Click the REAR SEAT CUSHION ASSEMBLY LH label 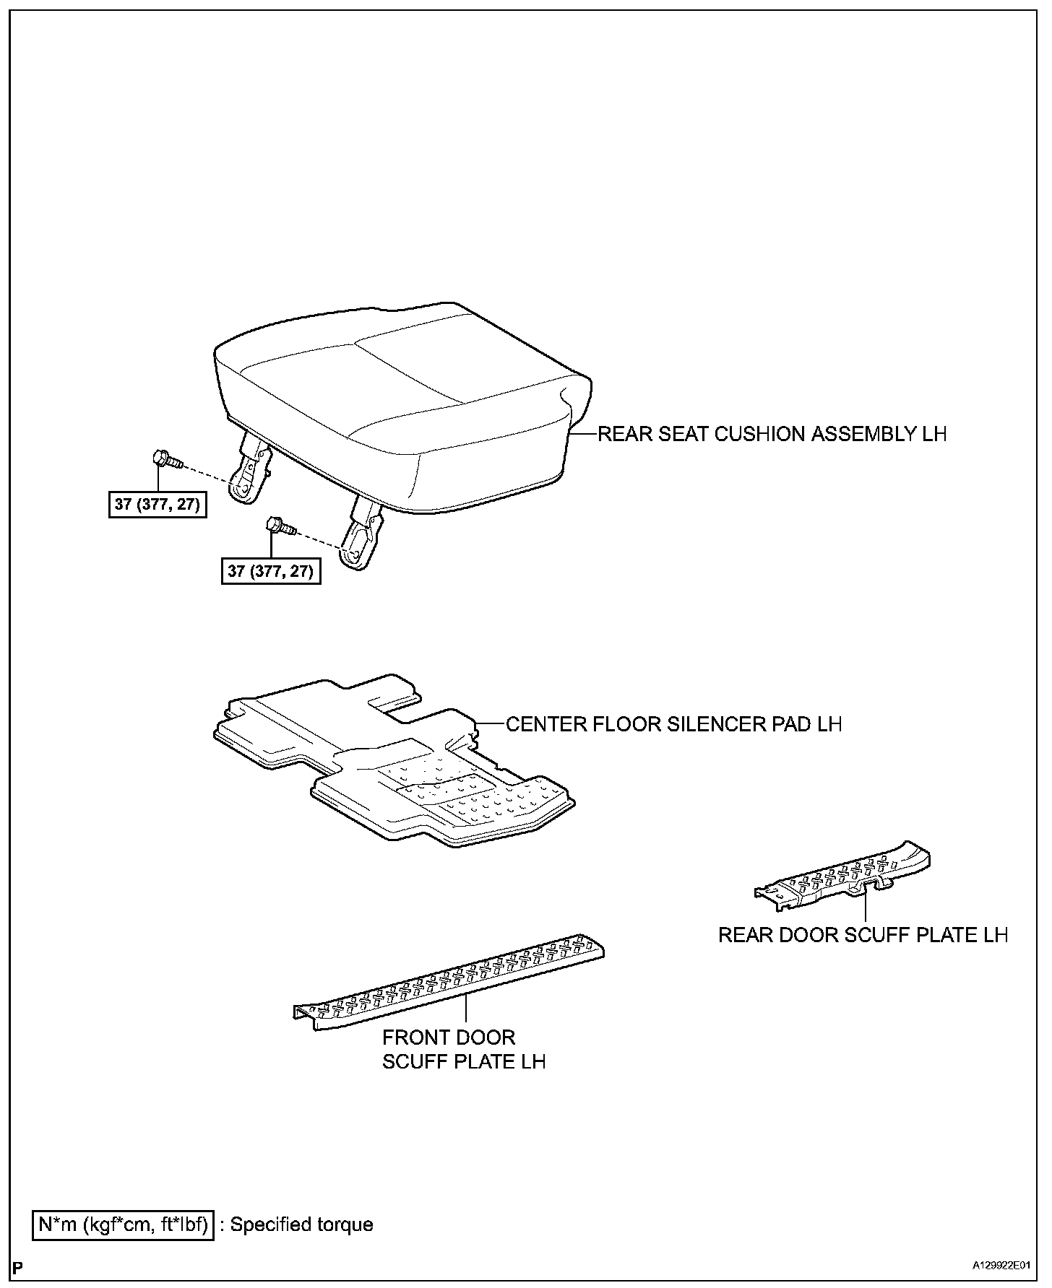[772, 434]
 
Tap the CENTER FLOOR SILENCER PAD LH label [673, 724]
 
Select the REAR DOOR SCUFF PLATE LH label [863, 935]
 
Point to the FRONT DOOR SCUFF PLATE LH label [463, 1049]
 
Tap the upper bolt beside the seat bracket [165, 460]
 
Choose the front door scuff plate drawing [448, 982]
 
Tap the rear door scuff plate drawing [845, 874]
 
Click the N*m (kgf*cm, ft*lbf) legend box [124, 1224]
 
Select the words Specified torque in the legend [301, 1224]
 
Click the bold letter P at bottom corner [19, 1267]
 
